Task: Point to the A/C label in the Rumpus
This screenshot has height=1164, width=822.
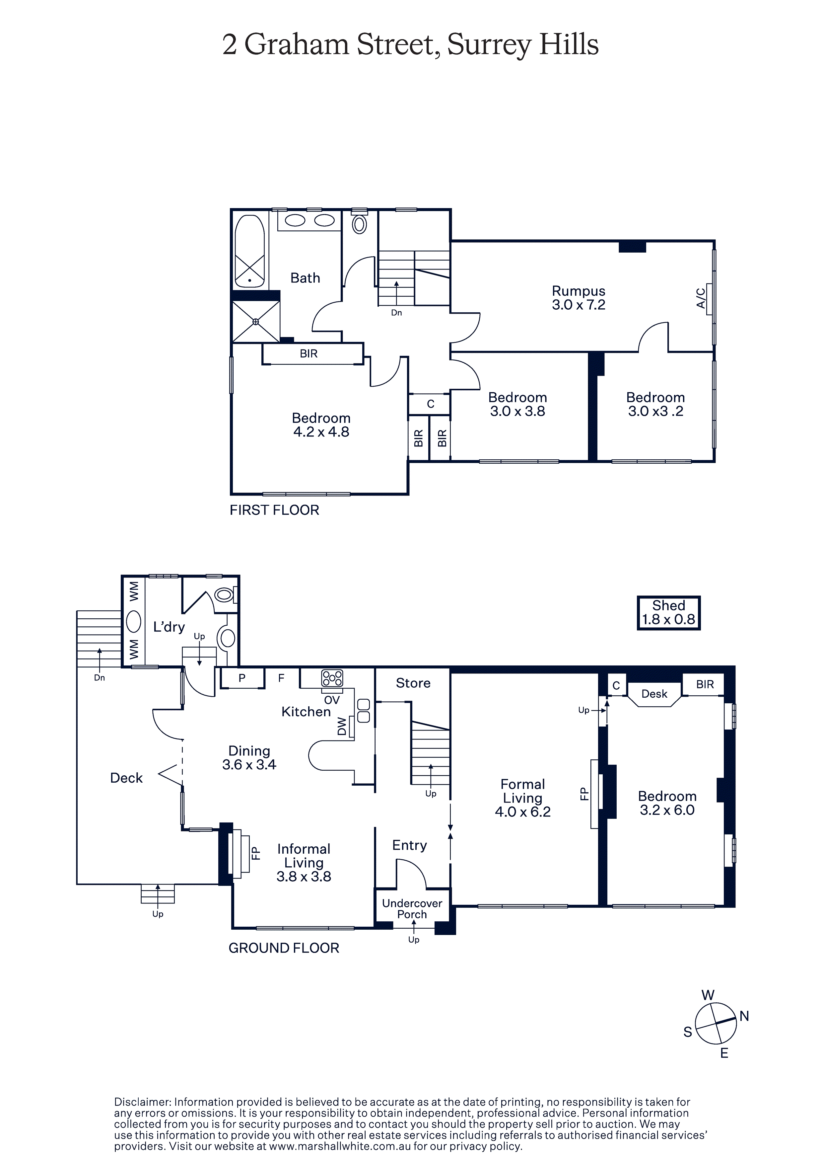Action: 701,298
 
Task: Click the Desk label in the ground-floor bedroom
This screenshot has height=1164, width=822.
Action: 654,694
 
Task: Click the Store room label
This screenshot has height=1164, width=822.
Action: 413,683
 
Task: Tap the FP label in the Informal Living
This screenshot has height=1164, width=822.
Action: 256,854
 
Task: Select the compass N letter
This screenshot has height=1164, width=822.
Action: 744,1015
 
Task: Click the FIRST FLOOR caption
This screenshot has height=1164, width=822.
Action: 274,510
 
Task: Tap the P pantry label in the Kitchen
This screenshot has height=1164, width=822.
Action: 242,678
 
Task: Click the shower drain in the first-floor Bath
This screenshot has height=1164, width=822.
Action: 256,321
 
